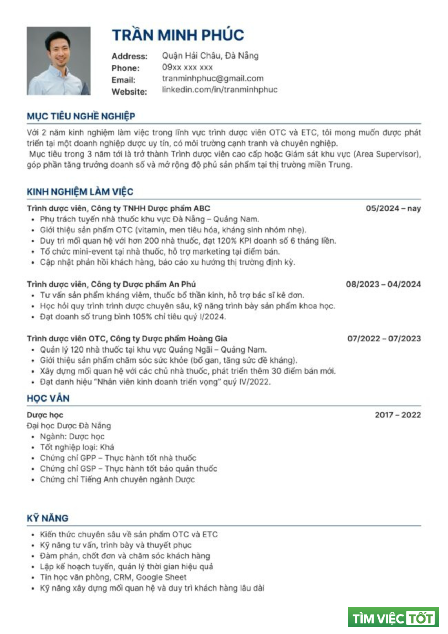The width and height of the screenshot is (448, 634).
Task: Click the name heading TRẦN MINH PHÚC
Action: [x=178, y=35]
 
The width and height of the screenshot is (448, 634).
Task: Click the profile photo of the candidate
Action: [x=59, y=61]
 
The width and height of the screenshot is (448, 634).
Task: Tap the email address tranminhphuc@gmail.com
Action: [x=213, y=78]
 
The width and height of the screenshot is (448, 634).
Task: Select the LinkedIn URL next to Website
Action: [x=220, y=90]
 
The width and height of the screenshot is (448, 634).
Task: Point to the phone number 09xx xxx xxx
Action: [x=187, y=67]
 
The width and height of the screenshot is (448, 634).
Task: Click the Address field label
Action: [x=129, y=56]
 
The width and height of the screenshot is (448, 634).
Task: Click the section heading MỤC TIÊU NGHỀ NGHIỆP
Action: [x=81, y=116]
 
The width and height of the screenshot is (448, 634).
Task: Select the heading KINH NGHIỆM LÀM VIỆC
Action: [x=80, y=192]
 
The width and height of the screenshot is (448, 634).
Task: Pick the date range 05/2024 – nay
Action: [x=393, y=208]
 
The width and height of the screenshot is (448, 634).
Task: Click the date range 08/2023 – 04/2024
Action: [x=383, y=284]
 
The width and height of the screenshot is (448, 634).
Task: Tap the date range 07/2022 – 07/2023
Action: [x=384, y=338]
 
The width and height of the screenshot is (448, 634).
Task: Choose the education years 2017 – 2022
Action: [x=398, y=415]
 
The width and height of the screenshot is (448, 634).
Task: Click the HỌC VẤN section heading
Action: [x=48, y=398]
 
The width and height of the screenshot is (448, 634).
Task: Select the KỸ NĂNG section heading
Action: [x=48, y=518]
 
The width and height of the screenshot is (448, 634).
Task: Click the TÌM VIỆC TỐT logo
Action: [x=393, y=618]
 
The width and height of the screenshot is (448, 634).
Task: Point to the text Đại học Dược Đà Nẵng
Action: [x=69, y=426]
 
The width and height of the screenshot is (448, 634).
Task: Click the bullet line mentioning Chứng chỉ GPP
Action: [x=118, y=458]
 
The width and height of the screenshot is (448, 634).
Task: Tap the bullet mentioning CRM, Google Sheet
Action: [x=113, y=577]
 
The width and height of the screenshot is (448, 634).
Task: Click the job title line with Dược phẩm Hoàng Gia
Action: [x=127, y=338]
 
